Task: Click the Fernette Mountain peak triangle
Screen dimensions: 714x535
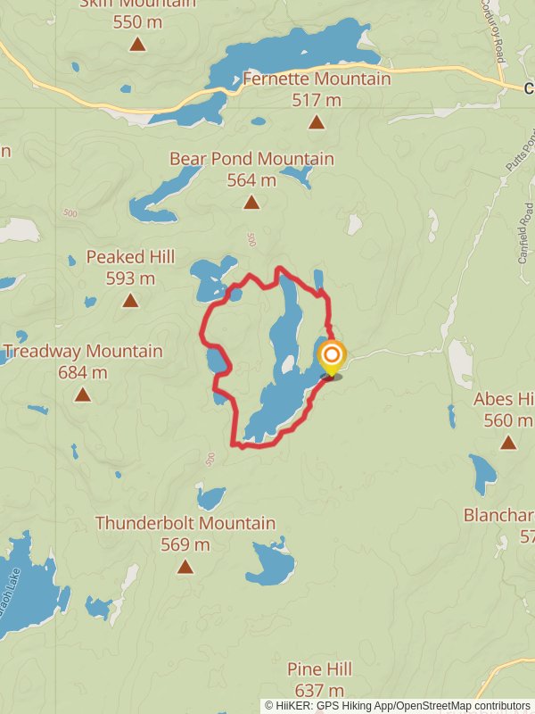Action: click(x=316, y=123)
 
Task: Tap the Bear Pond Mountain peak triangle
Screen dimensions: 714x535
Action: click(x=252, y=203)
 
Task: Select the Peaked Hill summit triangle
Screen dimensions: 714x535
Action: click(x=130, y=301)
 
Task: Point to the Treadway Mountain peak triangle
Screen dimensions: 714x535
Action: click(x=83, y=394)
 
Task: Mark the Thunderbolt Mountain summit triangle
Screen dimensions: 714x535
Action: click(x=185, y=567)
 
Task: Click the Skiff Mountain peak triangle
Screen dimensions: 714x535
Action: click(x=137, y=44)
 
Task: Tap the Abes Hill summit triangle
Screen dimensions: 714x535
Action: click(x=508, y=442)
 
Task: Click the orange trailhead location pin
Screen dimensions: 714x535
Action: click(x=332, y=359)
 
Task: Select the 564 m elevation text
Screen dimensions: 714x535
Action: click(x=251, y=180)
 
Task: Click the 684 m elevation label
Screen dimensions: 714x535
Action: click(x=82, y=372)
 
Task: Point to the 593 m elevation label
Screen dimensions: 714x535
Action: click(x=130, y=278)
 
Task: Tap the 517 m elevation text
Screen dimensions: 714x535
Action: click(x=317, y=100)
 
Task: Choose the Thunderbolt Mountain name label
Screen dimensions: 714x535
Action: click(x=185, y=523)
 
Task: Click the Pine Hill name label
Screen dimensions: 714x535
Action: click(x=319, y=669)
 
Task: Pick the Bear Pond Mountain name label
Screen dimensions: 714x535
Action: click(x=252, y=159)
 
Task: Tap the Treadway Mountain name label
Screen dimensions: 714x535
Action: click(x=83, y=351)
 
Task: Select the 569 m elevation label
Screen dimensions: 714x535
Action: click(x=185, y=544)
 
